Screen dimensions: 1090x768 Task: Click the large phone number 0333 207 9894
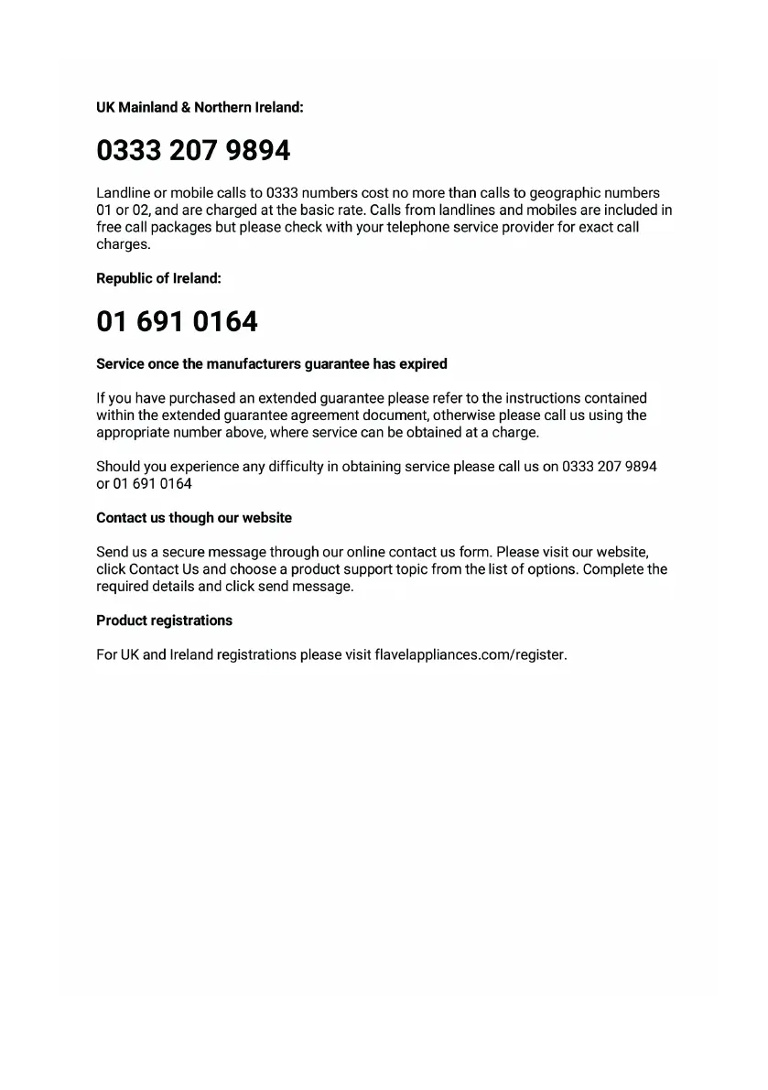pyautogui.click(x=193, y=150)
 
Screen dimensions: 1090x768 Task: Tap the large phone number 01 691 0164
pyautogui.click(x=177, y=321)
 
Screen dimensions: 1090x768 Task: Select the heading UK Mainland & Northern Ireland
pyautogui.click(x=200, y=107)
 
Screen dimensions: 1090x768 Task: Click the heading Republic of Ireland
pyautogui.click(x=158, y=278)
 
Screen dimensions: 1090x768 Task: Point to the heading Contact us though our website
pyautogui.click(x=194, y=518)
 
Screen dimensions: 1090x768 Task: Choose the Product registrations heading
pyautogui.click(x=164, y=621)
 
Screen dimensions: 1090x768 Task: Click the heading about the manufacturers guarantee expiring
pyautogui.click(x=272, y=364)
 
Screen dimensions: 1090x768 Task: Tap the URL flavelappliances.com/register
pyautogui.click(x=471, y=655)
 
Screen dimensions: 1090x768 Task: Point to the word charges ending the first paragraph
pyautogui.click(x=123, y=245)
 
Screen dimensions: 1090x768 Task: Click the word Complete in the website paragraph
pyautogui.click(x=613, y=569)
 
